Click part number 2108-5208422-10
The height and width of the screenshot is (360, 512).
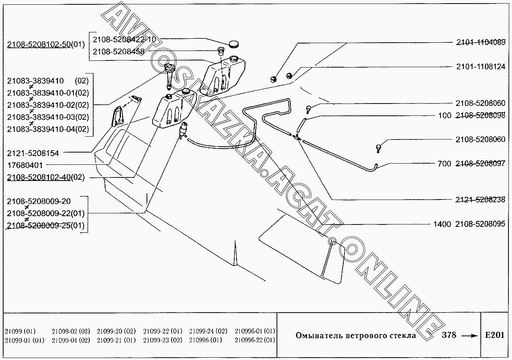coord(124,40)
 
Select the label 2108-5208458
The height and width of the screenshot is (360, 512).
coord(119,52)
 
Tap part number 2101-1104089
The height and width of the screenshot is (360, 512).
coord(481,42)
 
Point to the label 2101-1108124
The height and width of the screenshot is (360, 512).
coord(481,66)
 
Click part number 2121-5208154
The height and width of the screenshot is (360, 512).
coord(33,153)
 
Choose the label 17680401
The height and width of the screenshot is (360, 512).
coord(25,165)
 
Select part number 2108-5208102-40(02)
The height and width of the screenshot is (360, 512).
coord(46,177)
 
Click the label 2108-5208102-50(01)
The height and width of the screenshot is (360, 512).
coord(46,44)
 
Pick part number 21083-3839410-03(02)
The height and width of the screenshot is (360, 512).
coord(48,117)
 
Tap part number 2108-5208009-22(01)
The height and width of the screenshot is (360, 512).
coord(46,213)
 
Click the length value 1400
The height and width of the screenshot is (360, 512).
coord(442,224)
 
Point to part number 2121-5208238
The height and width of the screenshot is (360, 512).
coord(480,200)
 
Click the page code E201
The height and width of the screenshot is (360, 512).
coord(495,335)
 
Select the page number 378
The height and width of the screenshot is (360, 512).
coord(449,335)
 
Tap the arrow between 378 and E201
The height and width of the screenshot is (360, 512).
coord(469,336)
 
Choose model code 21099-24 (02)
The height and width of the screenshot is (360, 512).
coord(208,331)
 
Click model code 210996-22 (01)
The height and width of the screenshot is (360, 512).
coord(255,340)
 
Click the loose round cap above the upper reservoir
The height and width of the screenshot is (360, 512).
coord(233,44)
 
